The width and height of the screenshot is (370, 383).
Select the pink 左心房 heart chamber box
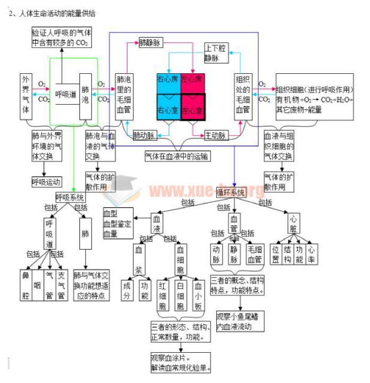click(x=192, y=80)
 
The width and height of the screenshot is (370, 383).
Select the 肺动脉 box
click(x=145, y=135)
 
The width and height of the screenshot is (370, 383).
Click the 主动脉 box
click(x=216, y=135)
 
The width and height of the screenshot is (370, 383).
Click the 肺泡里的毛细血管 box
click(x=123, y=96)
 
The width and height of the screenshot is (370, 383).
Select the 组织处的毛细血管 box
click(x=242, y=96)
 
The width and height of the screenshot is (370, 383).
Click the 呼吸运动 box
click(x=46, y=182)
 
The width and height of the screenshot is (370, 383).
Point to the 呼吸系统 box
click(x=70, y=198)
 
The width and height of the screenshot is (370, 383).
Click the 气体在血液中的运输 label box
click(x=178, y=156)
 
